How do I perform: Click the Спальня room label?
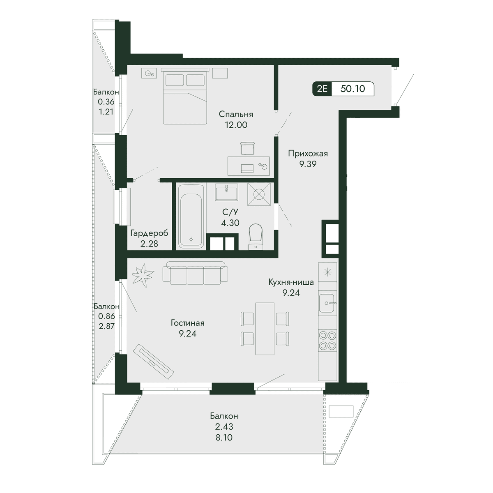(236, 114)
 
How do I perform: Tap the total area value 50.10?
(353, 88)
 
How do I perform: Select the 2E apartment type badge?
(322, 89)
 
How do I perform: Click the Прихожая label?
(308, 154)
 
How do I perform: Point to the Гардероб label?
(149, 233)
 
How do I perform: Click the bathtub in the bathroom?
(191, 216)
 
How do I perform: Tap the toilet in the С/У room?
(256, 237)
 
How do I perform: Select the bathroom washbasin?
(226, 192)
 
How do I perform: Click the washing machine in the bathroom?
(259, 194)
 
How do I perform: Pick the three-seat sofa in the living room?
(195, 273)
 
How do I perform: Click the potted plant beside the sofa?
(143, 275)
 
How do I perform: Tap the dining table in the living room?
(265, 329)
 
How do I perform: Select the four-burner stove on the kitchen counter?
(327, 341)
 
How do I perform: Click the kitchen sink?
(327, 303)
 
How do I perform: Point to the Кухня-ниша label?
(291, 282)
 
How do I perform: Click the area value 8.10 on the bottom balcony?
(224, 438)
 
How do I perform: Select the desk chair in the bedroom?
(247, 148)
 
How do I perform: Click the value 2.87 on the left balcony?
(106, 326)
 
